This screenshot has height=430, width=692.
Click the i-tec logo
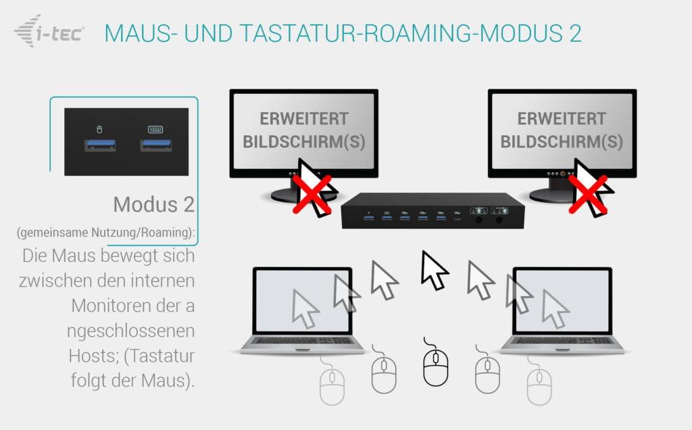pyautogui.click(x=49, y=31)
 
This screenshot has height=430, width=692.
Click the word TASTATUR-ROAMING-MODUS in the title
pyautogui.click(x=392, y=33)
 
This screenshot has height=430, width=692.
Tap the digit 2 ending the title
pyautogui.click(x=574, y=33)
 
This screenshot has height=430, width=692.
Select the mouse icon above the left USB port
pyautogui.click(x=99, y=129)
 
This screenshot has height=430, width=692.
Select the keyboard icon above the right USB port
pyautogui.click(x=155, y=129)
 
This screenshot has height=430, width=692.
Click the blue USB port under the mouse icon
pyautogui.click(x=100, y=145)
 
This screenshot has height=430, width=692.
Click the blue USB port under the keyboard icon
pyautogui.click(x=156, y=145)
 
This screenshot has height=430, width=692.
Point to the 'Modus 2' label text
pyautogui.click(x=153, y=204)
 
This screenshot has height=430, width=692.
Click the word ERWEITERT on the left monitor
pyautogui.click(x=304, y=119)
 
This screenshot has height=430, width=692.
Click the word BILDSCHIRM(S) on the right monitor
pyautogui.click(x=562, y=142)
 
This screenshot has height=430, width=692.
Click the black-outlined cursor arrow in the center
pyautogui.click(x=434, y=270)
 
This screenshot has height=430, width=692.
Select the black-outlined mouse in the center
pyautogui.click(x=435, y=366)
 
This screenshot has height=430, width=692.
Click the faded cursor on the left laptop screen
pyautogui.click(x=305, y=308)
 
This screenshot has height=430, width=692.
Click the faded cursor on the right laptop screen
pyautogui.click(x=555, y=308)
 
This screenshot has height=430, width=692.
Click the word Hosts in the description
pyautogui.click(x=93, y=356)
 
